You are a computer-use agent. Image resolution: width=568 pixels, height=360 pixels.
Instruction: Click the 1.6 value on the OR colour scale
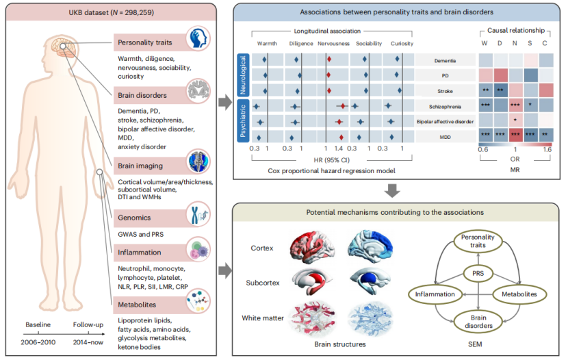click(547, 148)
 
